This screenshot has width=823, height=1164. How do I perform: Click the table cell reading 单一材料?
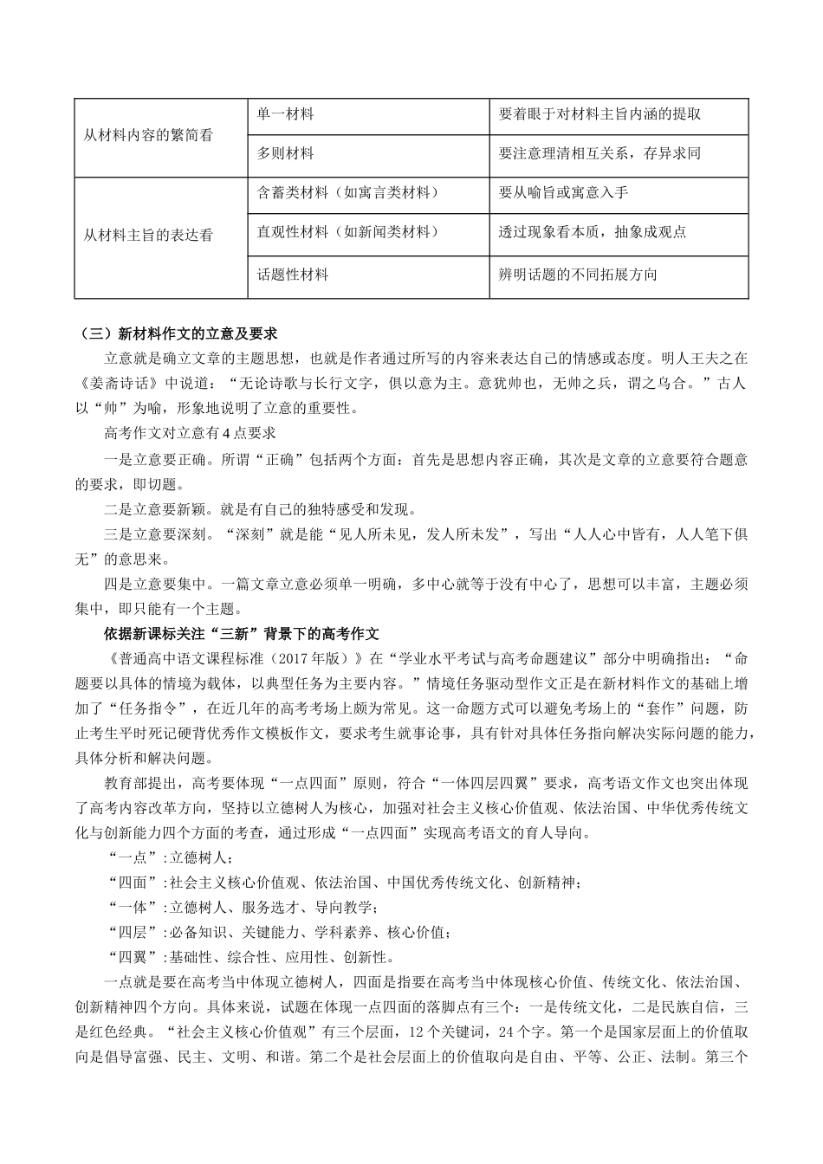tap(285, 113)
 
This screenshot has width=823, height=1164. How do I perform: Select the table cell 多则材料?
tap(285, 153)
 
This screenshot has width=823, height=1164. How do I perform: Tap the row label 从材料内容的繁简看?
tap(148, 136)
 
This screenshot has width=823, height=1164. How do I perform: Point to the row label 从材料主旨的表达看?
tap(148, 235)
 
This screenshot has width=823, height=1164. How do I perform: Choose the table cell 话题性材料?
tap(293, 275)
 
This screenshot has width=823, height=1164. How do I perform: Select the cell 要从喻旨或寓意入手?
tap(563, 192)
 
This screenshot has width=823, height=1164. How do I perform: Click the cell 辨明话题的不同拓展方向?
tap(578, 275)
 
